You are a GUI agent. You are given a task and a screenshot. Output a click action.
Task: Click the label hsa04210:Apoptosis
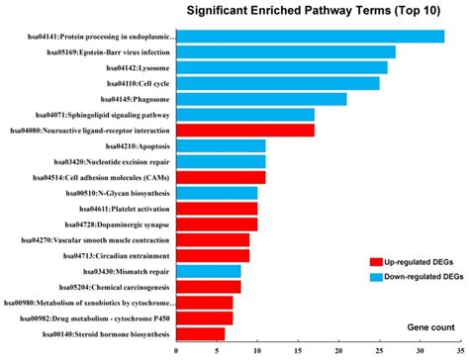[x=130, y=146]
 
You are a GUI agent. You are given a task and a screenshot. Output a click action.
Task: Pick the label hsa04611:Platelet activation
[x=117, y=209]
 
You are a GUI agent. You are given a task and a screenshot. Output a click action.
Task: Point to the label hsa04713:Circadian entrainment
[x=113, y=255]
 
